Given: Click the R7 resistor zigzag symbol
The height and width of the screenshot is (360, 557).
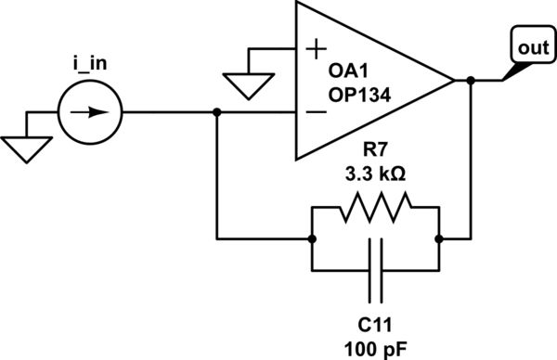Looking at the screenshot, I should click(x=375, y=212).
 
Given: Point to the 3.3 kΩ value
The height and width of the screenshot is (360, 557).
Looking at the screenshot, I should click(x=375, y=174).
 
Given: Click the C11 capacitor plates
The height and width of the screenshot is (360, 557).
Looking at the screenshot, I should click(x=375, y=269).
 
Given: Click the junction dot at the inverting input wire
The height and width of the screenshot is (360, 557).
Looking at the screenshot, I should click(x=216, y=113).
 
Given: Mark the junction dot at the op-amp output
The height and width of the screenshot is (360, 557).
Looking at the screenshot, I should click(x=472, y=81).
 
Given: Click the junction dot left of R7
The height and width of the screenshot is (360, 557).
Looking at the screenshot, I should click(x=312, y=238).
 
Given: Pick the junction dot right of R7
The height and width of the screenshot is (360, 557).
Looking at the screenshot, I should click(x=438, y=238).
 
